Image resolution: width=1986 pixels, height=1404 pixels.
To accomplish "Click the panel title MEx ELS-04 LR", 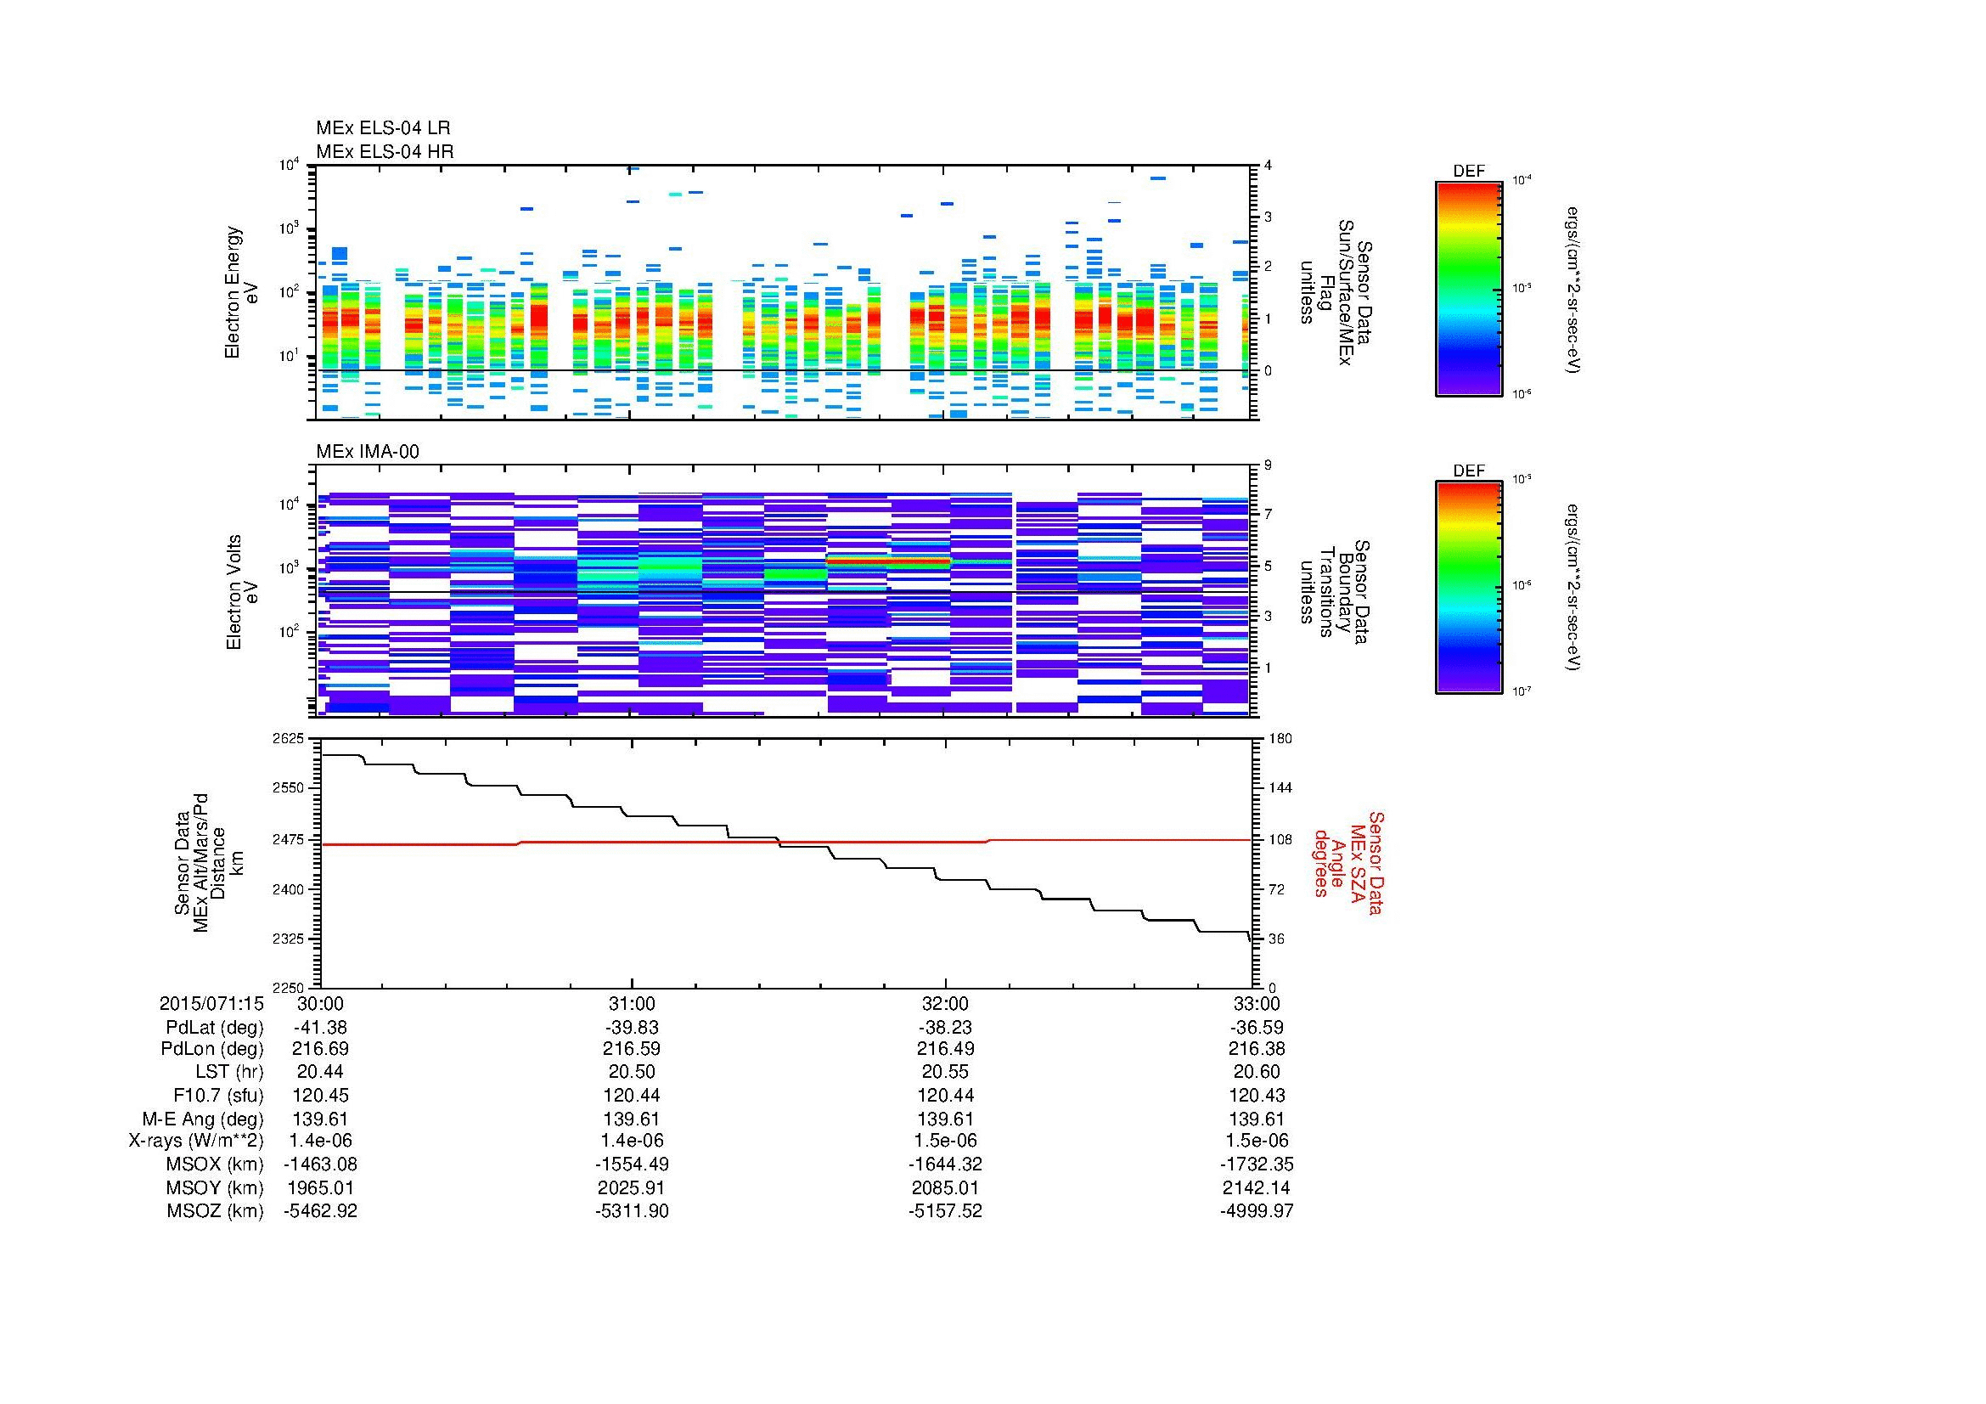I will point(382,128).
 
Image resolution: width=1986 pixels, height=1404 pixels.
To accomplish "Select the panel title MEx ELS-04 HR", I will point(384,151).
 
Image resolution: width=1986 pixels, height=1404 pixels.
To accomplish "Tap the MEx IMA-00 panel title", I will point(367,452).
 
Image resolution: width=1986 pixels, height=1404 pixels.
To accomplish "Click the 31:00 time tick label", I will point(632,1003).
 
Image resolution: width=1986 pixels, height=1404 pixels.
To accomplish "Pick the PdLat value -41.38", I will point(320,1027).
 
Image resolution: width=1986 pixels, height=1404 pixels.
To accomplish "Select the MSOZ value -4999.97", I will point(1256,1210).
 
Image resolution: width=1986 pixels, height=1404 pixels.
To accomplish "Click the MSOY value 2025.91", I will point(632,1187).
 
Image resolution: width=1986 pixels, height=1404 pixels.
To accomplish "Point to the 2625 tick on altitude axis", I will point(290,739).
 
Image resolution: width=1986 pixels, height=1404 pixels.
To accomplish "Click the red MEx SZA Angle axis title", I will point(1347,862).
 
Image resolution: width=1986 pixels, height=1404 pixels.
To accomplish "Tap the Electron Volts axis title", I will point(243,593).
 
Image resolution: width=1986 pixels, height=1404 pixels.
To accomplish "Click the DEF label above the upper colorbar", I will point(1468,172).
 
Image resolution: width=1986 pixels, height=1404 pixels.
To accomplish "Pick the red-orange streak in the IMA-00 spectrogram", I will point(889,561).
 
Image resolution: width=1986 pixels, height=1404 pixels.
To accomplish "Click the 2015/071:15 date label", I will point(211,1003).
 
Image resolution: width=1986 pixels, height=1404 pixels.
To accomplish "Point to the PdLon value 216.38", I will point(1256,1049).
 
